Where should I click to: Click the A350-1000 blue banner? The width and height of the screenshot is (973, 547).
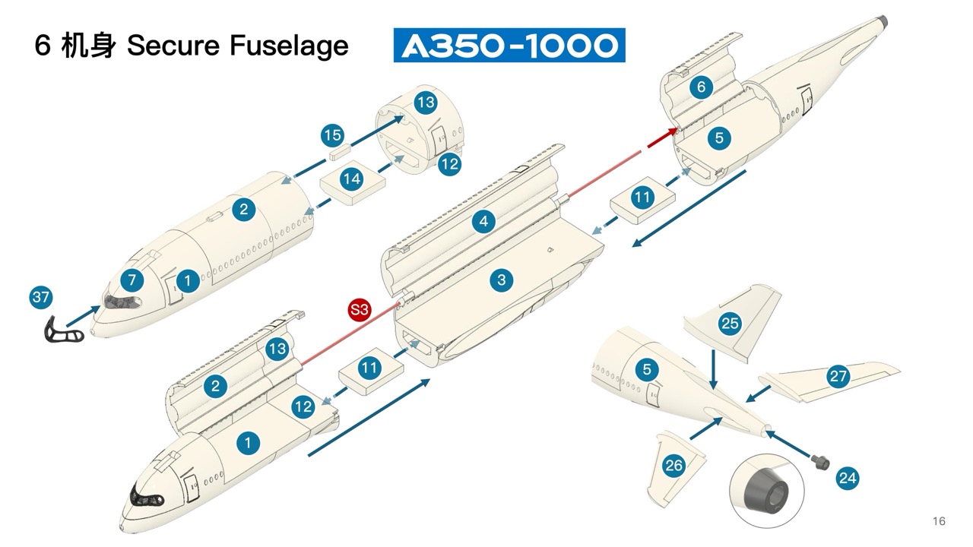pos(509,45)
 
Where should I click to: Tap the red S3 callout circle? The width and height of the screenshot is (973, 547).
pos(359,309)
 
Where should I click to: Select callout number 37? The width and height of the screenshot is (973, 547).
pos(41,298)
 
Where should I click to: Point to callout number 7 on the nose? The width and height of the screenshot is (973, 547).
pos(132,280)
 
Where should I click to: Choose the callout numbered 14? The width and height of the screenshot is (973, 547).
pos(351,180)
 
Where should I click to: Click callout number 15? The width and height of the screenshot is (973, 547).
pos(332,136)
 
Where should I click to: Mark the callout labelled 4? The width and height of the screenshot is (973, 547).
pos(483,222)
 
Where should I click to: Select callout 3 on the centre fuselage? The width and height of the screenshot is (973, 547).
pos(501,280)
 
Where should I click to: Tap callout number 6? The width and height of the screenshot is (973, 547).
pos(701,87)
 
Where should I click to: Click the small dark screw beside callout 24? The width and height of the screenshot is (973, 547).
pos(819,460)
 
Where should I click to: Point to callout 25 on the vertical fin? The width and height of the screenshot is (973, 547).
pos(730,324)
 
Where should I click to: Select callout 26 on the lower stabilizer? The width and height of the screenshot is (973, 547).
pos(673,465)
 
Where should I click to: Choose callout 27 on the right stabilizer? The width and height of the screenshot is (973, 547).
pos(838,377)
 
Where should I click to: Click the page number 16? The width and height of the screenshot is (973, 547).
pos(939,521)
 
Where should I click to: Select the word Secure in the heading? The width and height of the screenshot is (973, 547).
pos(160,46)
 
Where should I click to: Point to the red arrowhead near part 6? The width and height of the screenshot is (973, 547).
pos(672,131)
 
